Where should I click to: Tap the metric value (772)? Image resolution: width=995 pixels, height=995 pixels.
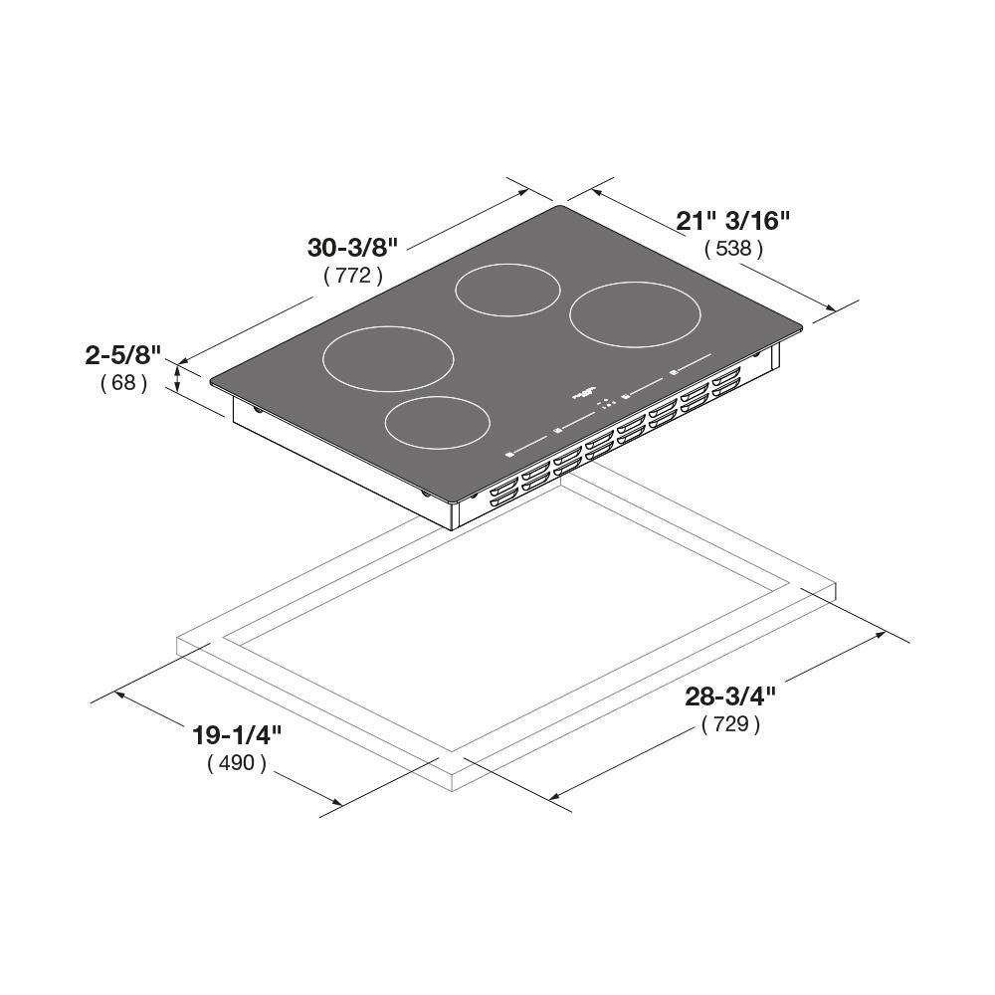pos(353,276)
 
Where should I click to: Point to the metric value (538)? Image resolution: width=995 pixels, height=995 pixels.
pos(733,248)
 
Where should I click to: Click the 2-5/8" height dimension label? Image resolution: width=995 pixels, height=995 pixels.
pos(123,355)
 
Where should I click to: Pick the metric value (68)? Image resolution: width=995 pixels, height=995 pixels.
pos(123,383)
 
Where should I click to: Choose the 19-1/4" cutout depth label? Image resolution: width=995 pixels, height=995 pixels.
pos(237,735)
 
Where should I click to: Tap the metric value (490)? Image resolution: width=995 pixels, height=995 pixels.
pos(237,763)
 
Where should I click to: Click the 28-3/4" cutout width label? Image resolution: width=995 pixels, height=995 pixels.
pos(730,696)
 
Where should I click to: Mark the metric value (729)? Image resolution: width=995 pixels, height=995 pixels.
pos(731,723)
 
